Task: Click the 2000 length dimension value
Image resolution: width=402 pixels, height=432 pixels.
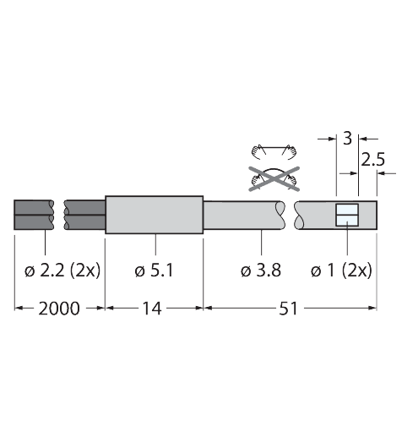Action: pyautogui.click(x=58, y=309)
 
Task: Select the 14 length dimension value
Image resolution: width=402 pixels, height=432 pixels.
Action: pyautogui.click(x=153, y=309)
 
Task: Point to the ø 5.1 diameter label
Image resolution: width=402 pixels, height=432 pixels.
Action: pyautogui.click(x=155, y=271)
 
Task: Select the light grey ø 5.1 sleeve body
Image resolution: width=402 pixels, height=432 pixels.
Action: pyautogui.click(x=155, y=216)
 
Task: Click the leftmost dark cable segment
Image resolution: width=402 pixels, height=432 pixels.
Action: pyautogui.click(x=34, y=216)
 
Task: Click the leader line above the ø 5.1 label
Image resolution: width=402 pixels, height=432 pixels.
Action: pyautogui.click(x=155, y=246)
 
